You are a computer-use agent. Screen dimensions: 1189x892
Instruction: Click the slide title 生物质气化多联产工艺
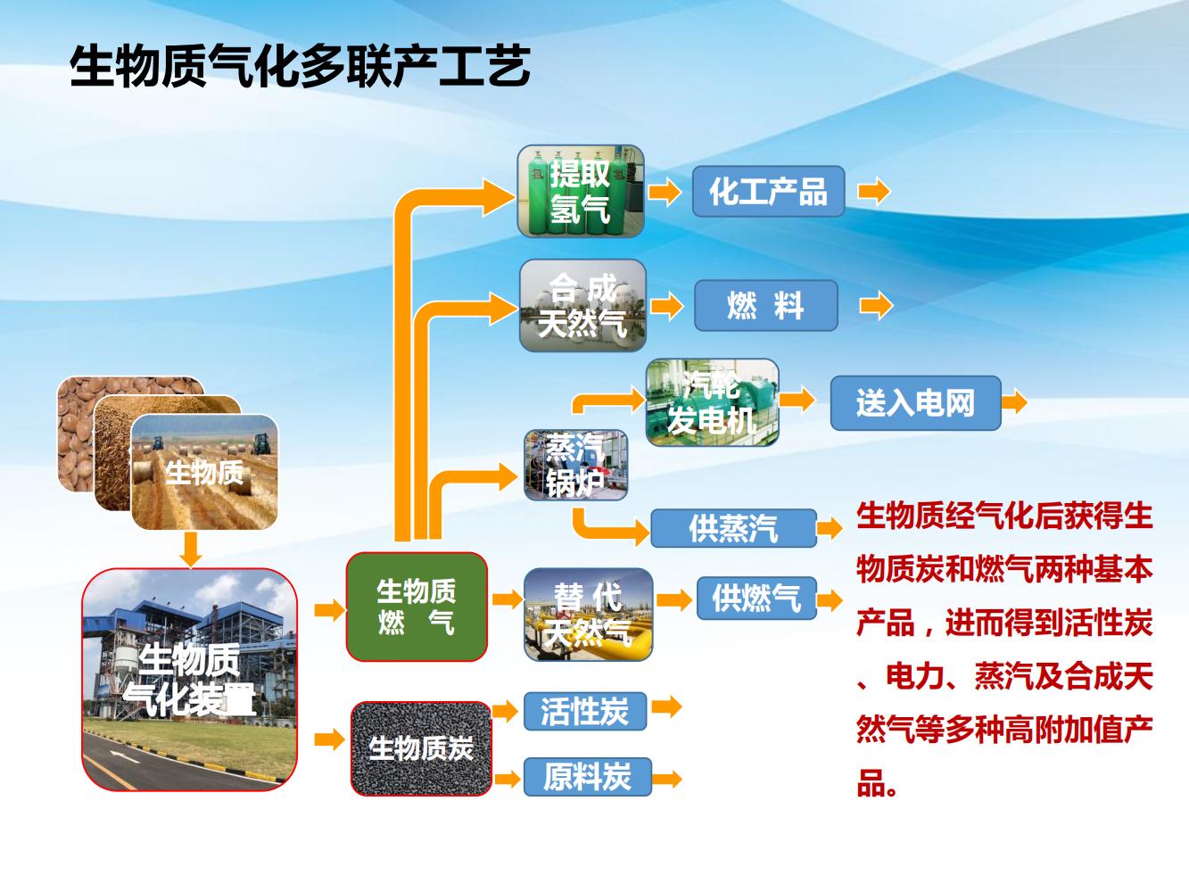click(x=300, y=66)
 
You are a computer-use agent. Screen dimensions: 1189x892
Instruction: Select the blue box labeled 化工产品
click(x=768, y=191)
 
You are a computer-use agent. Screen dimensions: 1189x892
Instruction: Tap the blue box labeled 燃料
click(x=766, y=305)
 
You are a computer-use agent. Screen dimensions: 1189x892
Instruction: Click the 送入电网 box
click(x=915, y=403)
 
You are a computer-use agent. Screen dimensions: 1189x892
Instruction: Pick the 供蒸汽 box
click(x=733, y=528)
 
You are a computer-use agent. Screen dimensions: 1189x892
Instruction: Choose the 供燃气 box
click(x=756, y=598)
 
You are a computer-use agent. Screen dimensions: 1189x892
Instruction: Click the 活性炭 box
click(x=585, y=711)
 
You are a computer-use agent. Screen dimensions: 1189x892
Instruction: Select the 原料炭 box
click(x=587, y=777)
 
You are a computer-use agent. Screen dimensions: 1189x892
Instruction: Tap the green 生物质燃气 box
click(x=417, y=607)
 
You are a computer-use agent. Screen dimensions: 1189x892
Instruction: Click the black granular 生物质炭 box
click(x=421, y=748)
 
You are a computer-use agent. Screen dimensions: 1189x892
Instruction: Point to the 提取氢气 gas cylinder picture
click(x=581, y=191)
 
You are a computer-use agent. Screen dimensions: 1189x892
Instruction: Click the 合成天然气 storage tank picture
click(x=582, y=305)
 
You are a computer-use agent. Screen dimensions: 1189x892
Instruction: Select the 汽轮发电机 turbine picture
click(x=713, y=403)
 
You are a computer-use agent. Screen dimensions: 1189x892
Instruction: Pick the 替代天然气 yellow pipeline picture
click(x=589, y=615)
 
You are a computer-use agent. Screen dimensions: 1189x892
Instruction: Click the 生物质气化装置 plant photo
click(x=190, y=680)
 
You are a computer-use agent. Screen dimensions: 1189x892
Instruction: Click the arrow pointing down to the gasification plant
click(x=190, y=549)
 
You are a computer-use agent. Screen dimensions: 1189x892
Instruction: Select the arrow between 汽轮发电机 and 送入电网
click(x=797, y=401)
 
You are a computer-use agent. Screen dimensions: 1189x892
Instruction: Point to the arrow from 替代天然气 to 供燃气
click(x=674, y=599)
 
